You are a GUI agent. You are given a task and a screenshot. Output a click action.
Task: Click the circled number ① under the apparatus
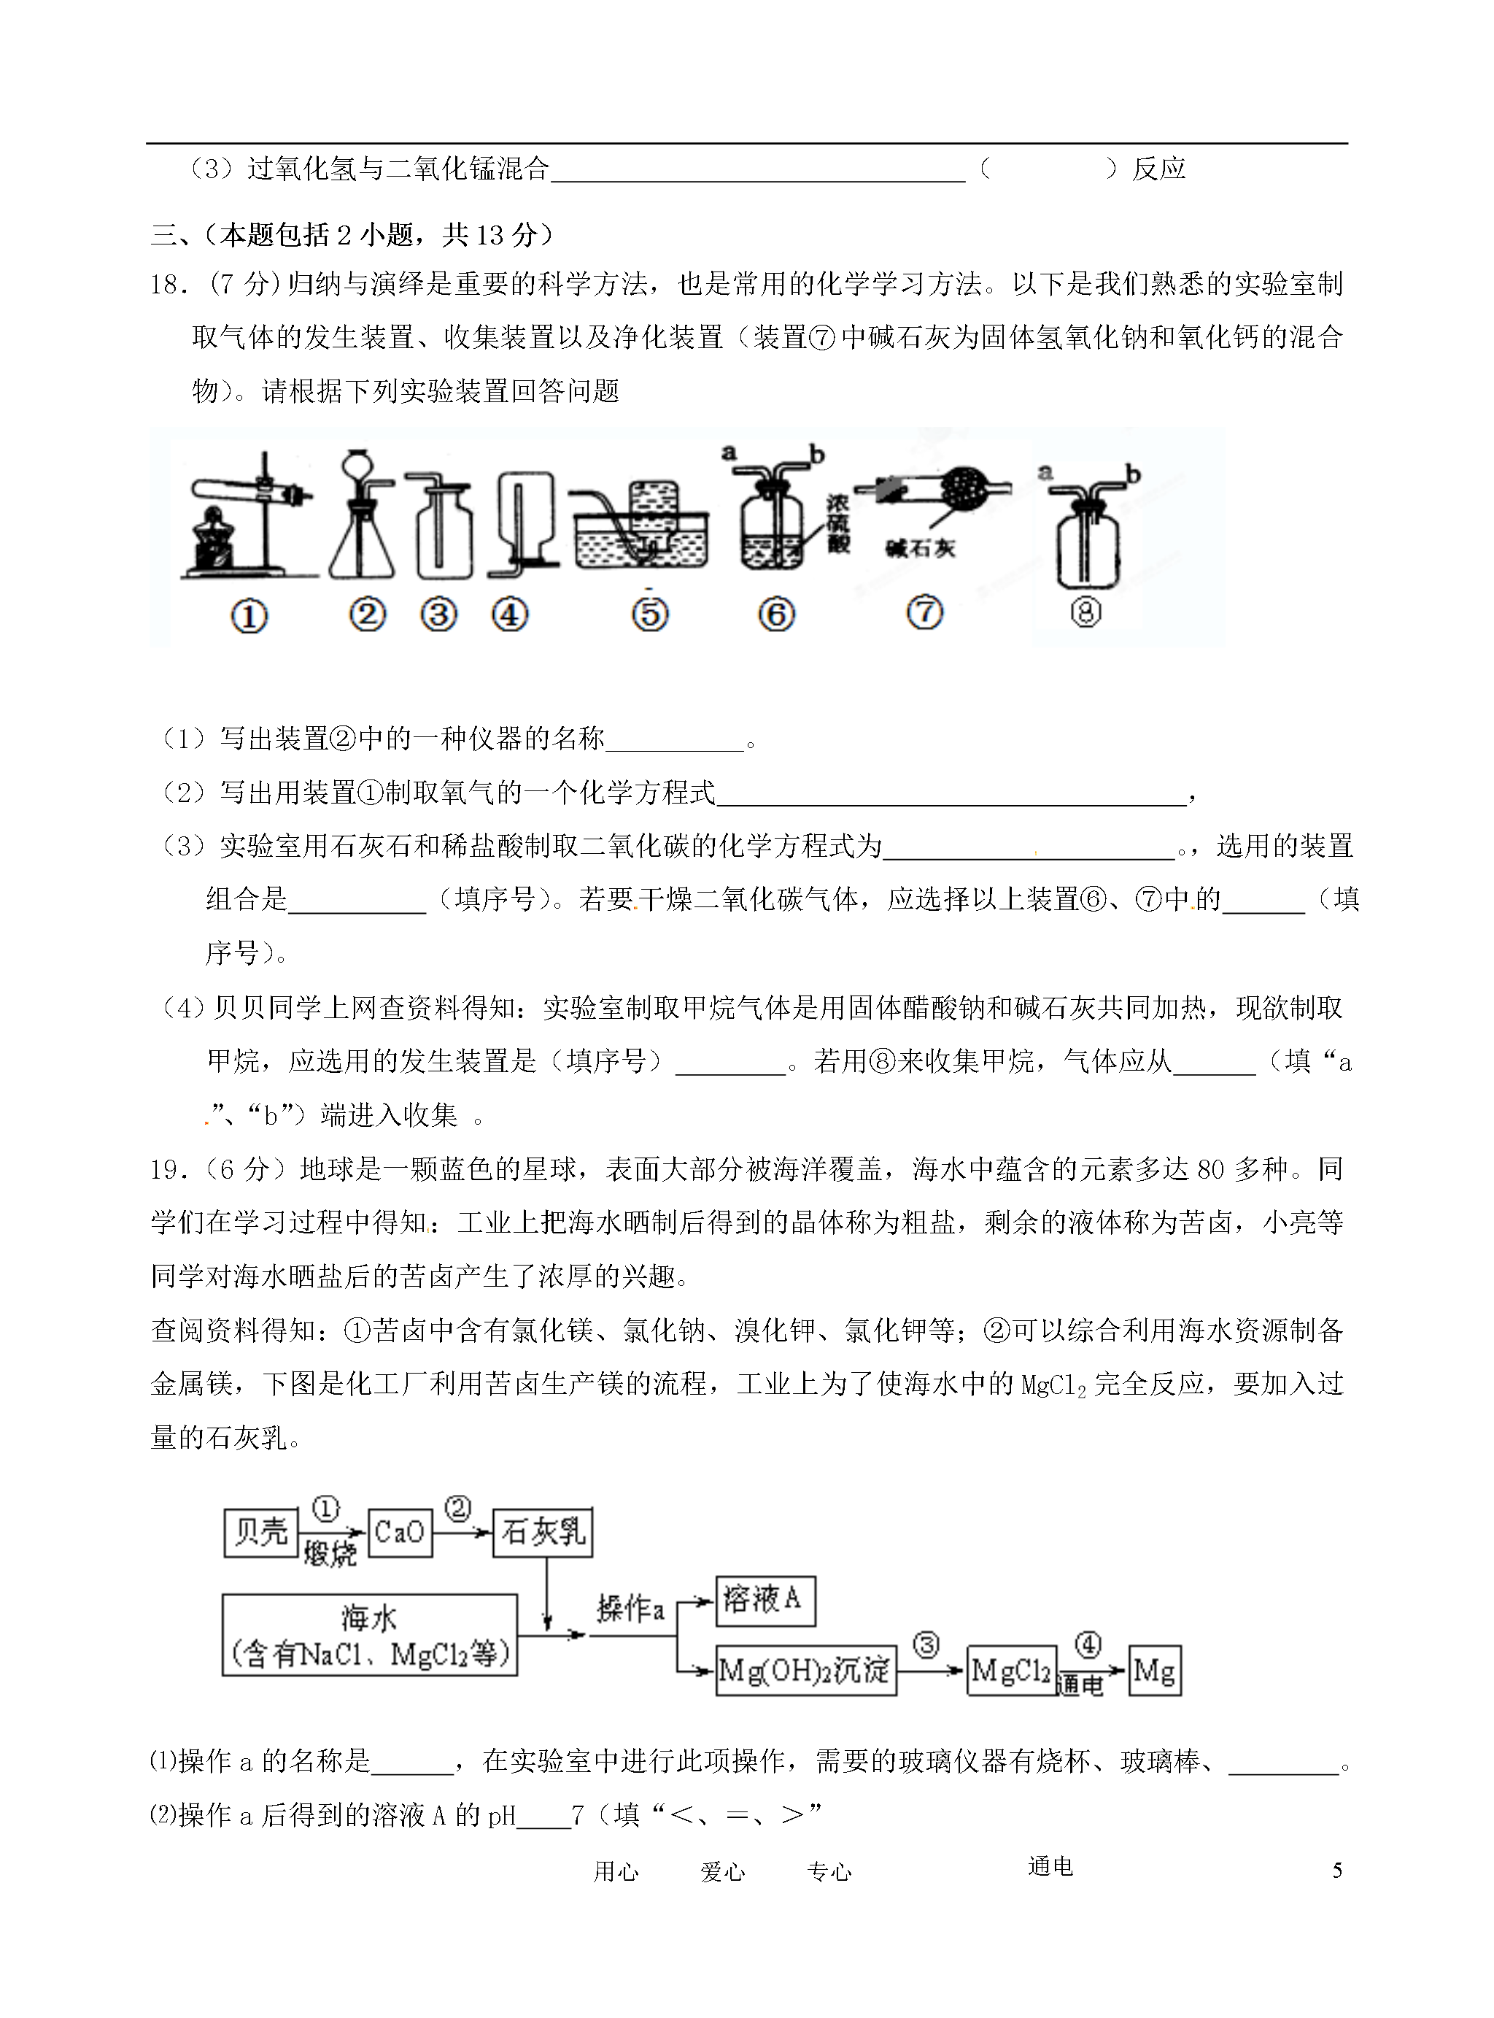click(249, 617)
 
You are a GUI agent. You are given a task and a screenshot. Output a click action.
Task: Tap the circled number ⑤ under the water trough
click(649, 615)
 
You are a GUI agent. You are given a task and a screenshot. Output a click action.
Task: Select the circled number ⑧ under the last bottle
click(1085, 613)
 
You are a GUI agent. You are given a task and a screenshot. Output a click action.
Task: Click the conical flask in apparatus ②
click(362, 543)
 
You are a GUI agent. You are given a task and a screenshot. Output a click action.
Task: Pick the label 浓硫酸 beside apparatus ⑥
click(838, 522)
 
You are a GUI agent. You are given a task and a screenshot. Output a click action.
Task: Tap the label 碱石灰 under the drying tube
click(920, 548)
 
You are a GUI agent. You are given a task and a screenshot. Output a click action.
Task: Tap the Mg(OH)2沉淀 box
click(805, 1670)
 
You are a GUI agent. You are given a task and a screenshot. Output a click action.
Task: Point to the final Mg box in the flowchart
click(1155, 1670)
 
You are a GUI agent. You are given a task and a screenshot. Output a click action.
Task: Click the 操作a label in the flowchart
click(630, 1609)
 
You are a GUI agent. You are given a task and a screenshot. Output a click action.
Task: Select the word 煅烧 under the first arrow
click(330, 1555)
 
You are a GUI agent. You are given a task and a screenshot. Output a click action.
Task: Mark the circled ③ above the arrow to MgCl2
click(926, 1644)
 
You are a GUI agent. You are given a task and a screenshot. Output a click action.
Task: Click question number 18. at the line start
click(169, 285)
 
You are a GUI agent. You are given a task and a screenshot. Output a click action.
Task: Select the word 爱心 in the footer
click(723, 1871)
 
